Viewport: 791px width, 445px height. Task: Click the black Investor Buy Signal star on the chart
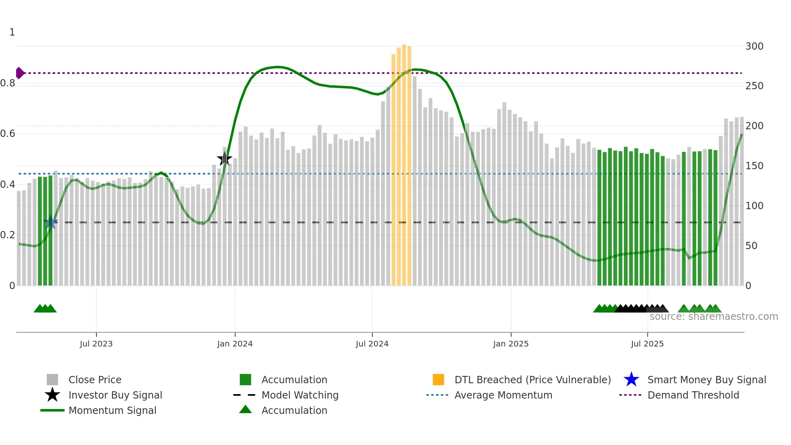[224, 159]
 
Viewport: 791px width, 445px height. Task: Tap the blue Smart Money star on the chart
[51, 222]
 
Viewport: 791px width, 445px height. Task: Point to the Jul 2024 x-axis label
[372, 344]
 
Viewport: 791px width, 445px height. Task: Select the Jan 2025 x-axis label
[511, 344]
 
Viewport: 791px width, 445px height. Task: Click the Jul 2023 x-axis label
[96, 344]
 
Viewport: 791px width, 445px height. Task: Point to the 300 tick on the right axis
[754, 46]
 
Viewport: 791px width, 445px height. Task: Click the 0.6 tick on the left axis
[8, 134]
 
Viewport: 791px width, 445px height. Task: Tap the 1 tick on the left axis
[12, 32]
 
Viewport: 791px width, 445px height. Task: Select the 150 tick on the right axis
[754, 166]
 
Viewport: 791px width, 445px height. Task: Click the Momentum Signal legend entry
[112, 410]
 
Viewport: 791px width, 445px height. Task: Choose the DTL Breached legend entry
[532, 380]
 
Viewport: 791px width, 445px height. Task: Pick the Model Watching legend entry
[299, 395]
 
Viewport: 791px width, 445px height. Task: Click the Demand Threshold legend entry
[693, 395]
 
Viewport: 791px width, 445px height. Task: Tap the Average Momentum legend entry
[503, 395]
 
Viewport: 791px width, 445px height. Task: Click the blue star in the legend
[631, 380]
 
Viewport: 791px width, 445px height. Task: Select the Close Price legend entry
[95, 380]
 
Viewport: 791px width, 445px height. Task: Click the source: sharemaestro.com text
[714, 317]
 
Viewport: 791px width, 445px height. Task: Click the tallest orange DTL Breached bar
[404, 166]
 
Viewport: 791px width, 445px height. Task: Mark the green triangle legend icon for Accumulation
[245, 409]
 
